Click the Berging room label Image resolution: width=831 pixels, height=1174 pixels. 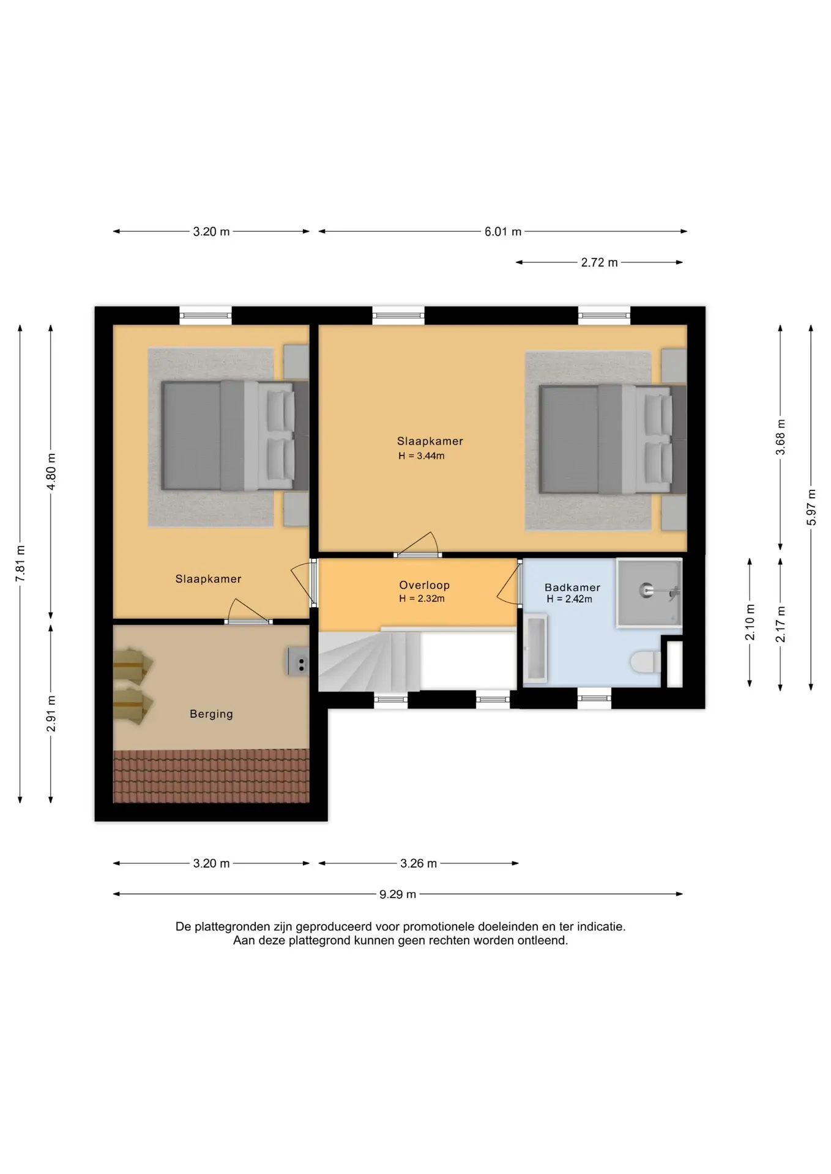point(211,714)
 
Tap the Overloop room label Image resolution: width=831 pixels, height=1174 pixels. point(424,585)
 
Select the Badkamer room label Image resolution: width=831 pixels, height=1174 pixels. point(572,588)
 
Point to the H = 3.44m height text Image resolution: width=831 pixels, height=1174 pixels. point(421,456)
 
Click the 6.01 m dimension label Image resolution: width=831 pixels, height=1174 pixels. point(503,232)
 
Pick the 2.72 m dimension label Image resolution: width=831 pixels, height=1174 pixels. point(599,262)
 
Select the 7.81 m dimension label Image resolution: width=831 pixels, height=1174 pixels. point(20,563)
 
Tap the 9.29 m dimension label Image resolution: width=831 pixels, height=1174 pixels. point(398,894)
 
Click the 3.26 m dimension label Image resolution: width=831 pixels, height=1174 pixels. point(419,863)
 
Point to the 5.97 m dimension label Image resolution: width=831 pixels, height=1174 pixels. point(811,507)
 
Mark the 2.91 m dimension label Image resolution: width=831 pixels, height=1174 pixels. point(51,713)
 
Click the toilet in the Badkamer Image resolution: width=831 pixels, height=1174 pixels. point(645,662)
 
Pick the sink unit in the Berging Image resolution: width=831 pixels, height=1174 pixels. point(298,661)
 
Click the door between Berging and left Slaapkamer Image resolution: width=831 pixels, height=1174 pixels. point(248,613)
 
